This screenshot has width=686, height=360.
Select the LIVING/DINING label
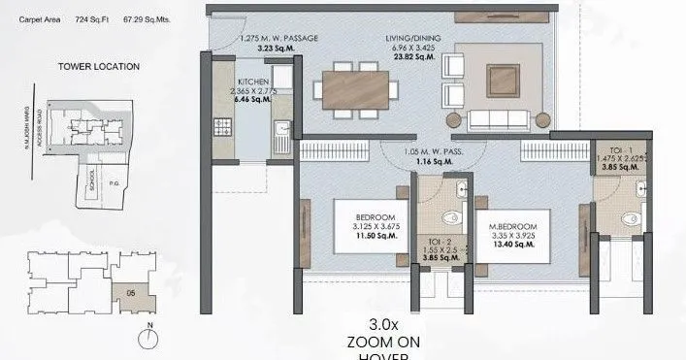(411, 39)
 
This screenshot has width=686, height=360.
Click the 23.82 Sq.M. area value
(411, 56)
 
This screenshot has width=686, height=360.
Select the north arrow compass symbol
(148, 338)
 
